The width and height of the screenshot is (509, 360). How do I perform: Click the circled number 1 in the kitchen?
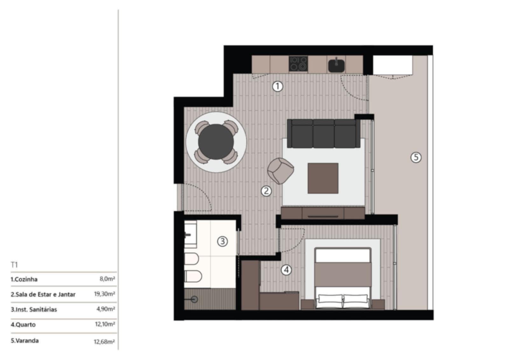point(277,86)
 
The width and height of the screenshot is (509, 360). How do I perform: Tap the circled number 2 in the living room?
point(266,191)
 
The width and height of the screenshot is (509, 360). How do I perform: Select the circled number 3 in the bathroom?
point(222,241)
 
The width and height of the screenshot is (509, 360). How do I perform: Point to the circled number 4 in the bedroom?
point(286,270)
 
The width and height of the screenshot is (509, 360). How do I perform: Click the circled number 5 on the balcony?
point(416,157)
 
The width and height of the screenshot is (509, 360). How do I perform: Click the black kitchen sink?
point(336,65)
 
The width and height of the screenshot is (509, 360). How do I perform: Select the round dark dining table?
point(216,142)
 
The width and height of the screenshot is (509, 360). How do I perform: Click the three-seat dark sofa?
point(324,133)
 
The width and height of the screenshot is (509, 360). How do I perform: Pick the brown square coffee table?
point(323,178)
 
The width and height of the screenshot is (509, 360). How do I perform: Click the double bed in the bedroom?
point(343,278)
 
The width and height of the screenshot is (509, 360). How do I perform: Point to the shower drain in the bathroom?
point(194,299)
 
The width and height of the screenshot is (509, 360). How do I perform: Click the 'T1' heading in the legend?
point(14,265)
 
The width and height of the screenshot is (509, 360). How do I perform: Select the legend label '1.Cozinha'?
point(24,279)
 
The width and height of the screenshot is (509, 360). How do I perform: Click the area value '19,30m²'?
point(105,294)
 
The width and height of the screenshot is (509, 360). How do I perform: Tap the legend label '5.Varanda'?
point(25,341)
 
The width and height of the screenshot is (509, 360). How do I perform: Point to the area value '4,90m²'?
point(106,309)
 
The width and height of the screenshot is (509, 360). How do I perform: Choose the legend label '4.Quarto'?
point(23,325)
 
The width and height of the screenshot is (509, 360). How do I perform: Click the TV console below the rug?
point(323,213)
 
